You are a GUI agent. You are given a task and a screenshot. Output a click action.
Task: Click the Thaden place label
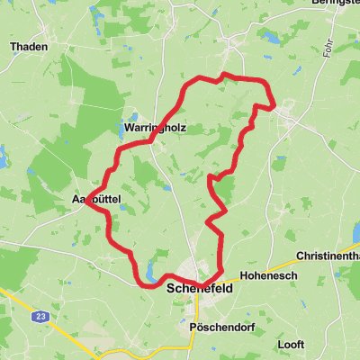point(28,45)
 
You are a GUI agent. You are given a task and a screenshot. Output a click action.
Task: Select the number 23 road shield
point(41,317)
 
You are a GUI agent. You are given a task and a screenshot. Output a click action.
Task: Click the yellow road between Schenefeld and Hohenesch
point(236,277)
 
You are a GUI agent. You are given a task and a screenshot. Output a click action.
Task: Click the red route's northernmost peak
point(224,75)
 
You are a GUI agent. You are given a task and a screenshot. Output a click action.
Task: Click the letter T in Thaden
point(13,45)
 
